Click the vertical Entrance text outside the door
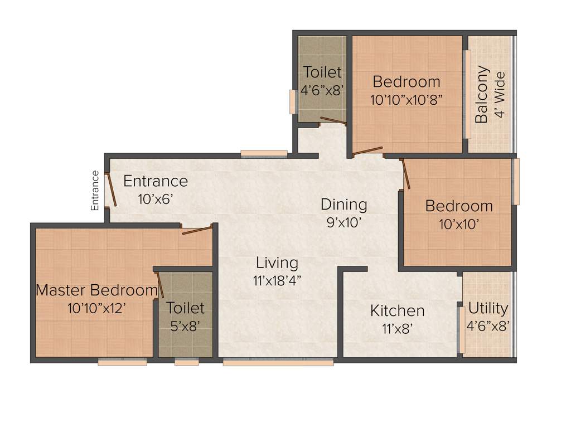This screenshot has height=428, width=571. click(x=95, y=191)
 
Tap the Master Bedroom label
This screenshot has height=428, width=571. click(x=96, y=290)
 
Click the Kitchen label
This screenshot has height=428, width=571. click(x=397, y=310)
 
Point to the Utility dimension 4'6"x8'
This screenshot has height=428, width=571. click(x=488, y=326)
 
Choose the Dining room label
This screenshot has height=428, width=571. click(x=343, y=205)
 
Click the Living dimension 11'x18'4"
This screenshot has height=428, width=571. click(x=277, y=280)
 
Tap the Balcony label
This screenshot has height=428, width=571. click(x=482, y=95)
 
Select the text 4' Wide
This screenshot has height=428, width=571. click(x=500, y=95)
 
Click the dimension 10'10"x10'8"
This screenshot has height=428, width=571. click(x=407, y=100)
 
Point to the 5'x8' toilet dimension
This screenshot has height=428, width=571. click(x=185, y=326)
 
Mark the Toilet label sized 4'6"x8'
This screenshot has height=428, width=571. click(x=322, y=72)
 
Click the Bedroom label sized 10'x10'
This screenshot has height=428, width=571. click(x=459, y=206)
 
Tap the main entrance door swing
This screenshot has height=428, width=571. click(x=112, y=191)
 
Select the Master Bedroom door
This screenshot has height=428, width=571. click(x=197, y=230)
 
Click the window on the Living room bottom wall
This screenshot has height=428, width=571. click(x=278, y=362)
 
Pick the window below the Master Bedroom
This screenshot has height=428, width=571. click(x=122, y=362)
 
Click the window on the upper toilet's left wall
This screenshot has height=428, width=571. click(x=292, y=102)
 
